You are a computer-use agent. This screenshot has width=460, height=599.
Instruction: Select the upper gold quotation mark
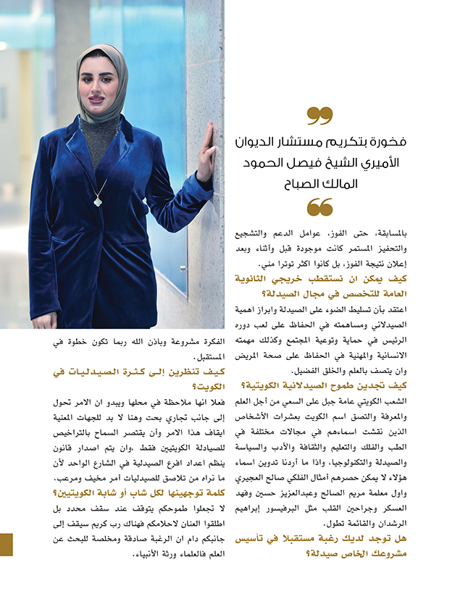tap(319, 115)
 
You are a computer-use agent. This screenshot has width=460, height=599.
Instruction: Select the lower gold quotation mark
tap(319, 207)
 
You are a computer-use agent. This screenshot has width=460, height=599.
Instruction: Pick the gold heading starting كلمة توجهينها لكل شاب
tap(115, 493)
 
